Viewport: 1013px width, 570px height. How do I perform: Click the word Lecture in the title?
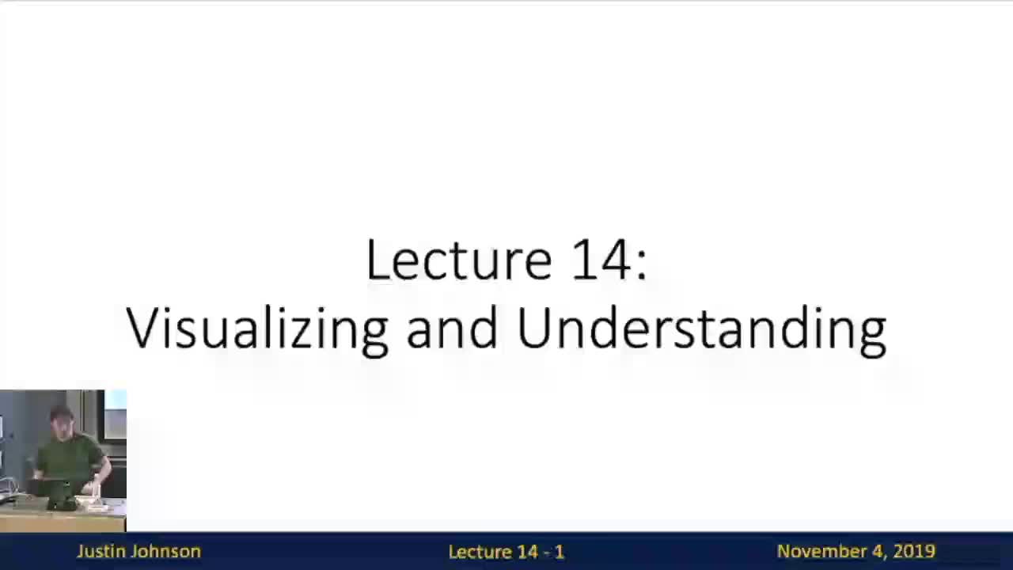click(458, 260)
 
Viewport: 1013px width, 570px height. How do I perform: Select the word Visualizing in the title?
click(257, 329)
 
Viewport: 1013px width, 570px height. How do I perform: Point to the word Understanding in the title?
click(701, 329)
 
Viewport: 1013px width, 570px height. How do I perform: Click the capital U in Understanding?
click(534, 327)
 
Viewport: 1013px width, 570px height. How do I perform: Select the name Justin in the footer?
click(101, 552)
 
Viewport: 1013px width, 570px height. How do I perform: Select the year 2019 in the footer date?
click(914, 552)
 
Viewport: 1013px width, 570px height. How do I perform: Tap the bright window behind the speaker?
click(116, 401)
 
